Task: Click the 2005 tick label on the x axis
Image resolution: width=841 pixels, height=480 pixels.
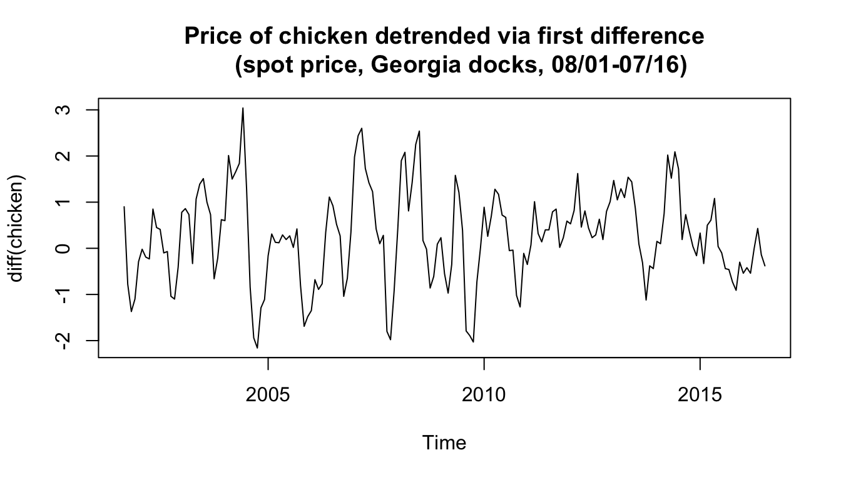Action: pyautogui.click(x=268, y=395)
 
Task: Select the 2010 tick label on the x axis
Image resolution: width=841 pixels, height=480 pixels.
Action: pyautogui.click(x=484, y=395)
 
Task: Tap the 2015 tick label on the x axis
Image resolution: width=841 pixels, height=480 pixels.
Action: pyautogui.click(x=700, y=395)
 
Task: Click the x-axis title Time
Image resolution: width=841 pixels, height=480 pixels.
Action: pyautogui.click(x=444, y=443)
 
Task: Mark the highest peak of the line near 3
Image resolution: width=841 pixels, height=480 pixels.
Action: pyautogui.click(x=243, y=108)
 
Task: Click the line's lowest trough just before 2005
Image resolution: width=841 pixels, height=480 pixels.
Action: pyautogui.click(x=257, y=347)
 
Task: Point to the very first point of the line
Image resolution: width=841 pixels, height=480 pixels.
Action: pyautogui.click(x=124, y=207)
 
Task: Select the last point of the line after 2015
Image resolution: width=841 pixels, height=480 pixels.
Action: pyautogui.click(x=765, y=266)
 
